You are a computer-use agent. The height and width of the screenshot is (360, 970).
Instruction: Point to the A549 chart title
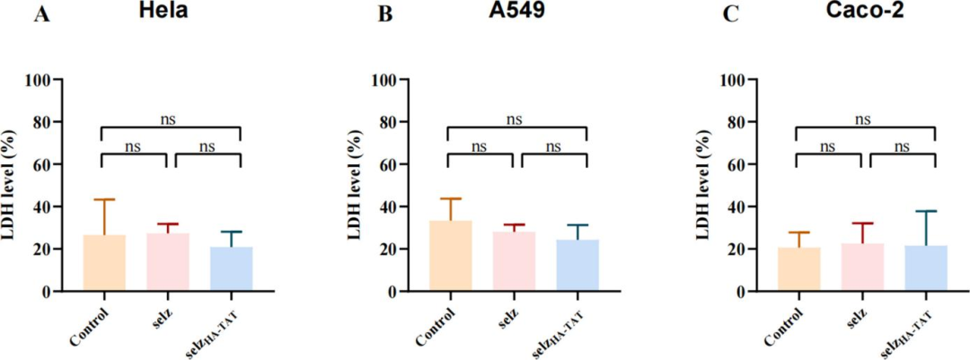coord(515,14)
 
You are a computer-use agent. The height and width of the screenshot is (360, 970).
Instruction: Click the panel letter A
coord(40,15)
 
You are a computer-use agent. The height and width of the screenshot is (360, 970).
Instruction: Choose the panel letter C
coord(732,15)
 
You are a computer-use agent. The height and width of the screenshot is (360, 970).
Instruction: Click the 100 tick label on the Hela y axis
coord(60,80)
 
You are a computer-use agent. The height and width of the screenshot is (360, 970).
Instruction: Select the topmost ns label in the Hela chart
coord(171,118)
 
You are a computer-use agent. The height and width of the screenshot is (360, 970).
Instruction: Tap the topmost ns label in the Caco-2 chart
coord(864,118)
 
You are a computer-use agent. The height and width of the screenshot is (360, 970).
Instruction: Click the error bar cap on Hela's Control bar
coord(104,199)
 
